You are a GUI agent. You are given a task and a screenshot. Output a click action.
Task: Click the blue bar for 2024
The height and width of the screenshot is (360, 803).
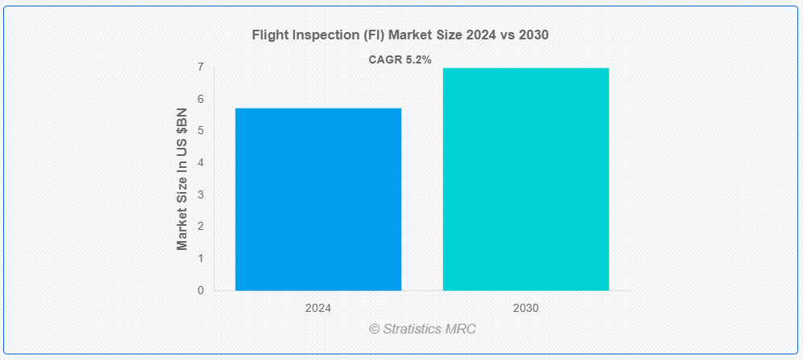[x=318, y=199]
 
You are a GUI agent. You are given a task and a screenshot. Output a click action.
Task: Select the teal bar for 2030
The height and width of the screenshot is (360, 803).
[x=526, y=179]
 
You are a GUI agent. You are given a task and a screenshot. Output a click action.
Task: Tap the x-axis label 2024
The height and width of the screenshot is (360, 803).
[x=318, y=309]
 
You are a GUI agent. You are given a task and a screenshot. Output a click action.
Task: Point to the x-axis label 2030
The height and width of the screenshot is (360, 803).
[x=526, y=309]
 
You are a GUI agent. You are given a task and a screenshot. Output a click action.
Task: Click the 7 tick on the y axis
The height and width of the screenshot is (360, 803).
[x=200, y=67]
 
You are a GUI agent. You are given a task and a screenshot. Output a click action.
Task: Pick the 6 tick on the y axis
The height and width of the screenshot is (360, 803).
[x=200, y=99]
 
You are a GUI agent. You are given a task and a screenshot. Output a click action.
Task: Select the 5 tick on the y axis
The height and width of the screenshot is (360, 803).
[x=200, y=131]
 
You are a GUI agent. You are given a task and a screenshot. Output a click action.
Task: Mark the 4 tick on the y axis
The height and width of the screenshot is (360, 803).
[x=200, y=163]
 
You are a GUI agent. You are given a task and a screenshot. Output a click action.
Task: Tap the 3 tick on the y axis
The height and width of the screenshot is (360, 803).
[x=200, y=194]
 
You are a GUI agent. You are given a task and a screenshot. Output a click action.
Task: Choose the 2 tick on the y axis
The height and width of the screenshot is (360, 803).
[x=200, y=227]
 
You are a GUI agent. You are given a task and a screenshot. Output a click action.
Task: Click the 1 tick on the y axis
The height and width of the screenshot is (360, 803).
[x=200, y=259]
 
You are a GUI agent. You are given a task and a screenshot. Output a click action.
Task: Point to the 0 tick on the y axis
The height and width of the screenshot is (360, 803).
[x=200, y=290]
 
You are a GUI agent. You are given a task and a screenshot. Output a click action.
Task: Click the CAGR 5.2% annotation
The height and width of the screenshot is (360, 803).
[x=400, y=60]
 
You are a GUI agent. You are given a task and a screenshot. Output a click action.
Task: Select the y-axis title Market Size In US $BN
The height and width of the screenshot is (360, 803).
[x=182, y=179]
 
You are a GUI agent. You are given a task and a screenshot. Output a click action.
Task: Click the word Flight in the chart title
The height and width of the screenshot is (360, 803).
[x=266, y=35]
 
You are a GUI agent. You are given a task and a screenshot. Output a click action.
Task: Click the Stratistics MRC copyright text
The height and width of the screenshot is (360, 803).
[x=423, y=329]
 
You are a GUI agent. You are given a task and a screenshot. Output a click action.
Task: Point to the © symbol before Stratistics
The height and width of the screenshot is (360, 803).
[x=375, y=329]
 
